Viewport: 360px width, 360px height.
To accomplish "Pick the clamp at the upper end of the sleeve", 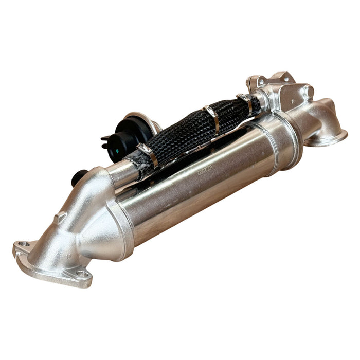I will (x=246, y=103).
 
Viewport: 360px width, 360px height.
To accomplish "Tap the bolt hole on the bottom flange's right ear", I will (x=82, y=274).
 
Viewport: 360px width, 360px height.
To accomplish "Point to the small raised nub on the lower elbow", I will (x=60, y=217).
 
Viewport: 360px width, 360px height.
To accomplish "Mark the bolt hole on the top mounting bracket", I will (x=261, y=81).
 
